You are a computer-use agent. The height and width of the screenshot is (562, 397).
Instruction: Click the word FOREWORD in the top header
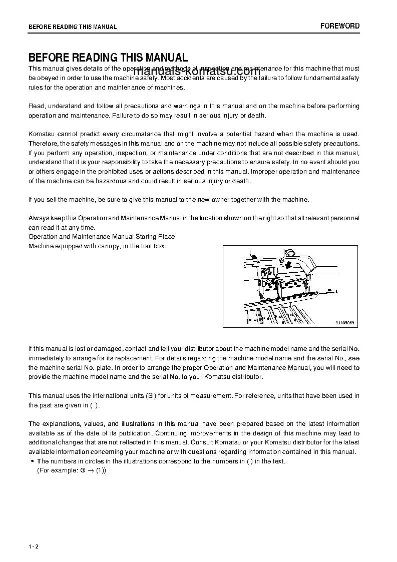coord(339,26)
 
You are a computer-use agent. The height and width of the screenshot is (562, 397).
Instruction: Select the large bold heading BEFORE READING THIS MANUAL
coord(108,58)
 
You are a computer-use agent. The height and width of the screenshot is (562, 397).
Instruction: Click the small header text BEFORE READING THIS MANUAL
coord(72,27)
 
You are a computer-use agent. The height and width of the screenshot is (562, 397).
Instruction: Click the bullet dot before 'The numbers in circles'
coord(32,461)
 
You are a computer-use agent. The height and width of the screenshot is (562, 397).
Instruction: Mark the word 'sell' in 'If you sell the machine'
coord(52,200)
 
